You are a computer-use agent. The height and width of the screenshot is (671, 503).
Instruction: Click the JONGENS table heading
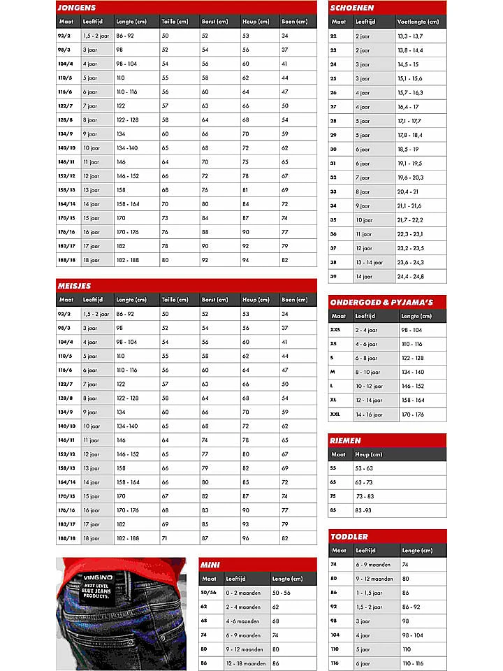click(77, 7)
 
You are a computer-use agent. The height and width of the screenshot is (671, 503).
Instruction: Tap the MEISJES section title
click(74, 286)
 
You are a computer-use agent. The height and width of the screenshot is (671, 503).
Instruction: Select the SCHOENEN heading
click(352, 8)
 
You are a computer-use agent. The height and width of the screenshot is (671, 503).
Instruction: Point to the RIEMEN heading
click(346, 440)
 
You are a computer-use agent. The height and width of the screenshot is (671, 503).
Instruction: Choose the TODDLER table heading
click(349, 537)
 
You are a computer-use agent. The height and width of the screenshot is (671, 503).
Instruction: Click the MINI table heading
click(211, 565)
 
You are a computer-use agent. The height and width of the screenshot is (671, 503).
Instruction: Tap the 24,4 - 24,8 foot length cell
click(411, 277)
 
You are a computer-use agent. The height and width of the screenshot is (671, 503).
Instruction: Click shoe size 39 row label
click(333, 277)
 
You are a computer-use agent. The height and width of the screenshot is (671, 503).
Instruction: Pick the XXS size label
click(335, 330)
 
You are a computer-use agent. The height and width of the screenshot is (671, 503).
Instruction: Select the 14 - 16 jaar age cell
click(369, 414)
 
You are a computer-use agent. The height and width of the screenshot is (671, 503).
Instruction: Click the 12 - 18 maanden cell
click(245, 663)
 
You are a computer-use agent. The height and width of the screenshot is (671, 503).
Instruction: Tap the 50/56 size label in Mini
click(209, 593)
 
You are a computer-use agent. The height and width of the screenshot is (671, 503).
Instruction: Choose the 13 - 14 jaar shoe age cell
click(369, 263)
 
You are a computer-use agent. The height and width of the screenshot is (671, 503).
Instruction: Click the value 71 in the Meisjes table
click(165, 538)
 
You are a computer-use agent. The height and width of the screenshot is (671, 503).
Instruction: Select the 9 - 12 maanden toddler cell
click(374, 579)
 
